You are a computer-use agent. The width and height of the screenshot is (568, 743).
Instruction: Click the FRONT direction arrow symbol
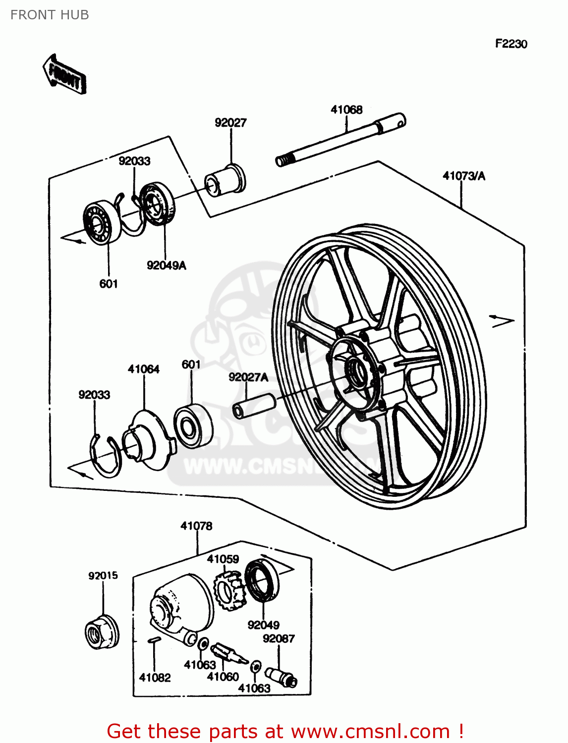pyautogui.click(x=65, y=75)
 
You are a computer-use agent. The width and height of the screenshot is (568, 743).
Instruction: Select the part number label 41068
pyautogui.click(x=346, y=109)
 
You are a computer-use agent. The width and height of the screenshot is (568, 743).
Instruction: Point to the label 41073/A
pyautogui.click(x=463, y=176)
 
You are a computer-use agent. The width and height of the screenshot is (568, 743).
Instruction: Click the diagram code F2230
pyautogui.click(x=511, y=44)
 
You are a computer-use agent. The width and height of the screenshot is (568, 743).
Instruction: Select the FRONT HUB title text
pyautogui.click(x=50, y=15)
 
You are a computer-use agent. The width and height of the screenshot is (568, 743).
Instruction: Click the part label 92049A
pyautogui.click(x=166, y=265)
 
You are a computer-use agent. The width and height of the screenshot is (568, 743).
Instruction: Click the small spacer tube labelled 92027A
pyautogui.click(x=254, y=405)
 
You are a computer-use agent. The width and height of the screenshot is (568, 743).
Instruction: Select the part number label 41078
pyautogui.click(x=196, y=526)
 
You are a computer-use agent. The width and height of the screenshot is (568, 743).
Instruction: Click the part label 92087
pyautogui.click(x=279, y=638)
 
